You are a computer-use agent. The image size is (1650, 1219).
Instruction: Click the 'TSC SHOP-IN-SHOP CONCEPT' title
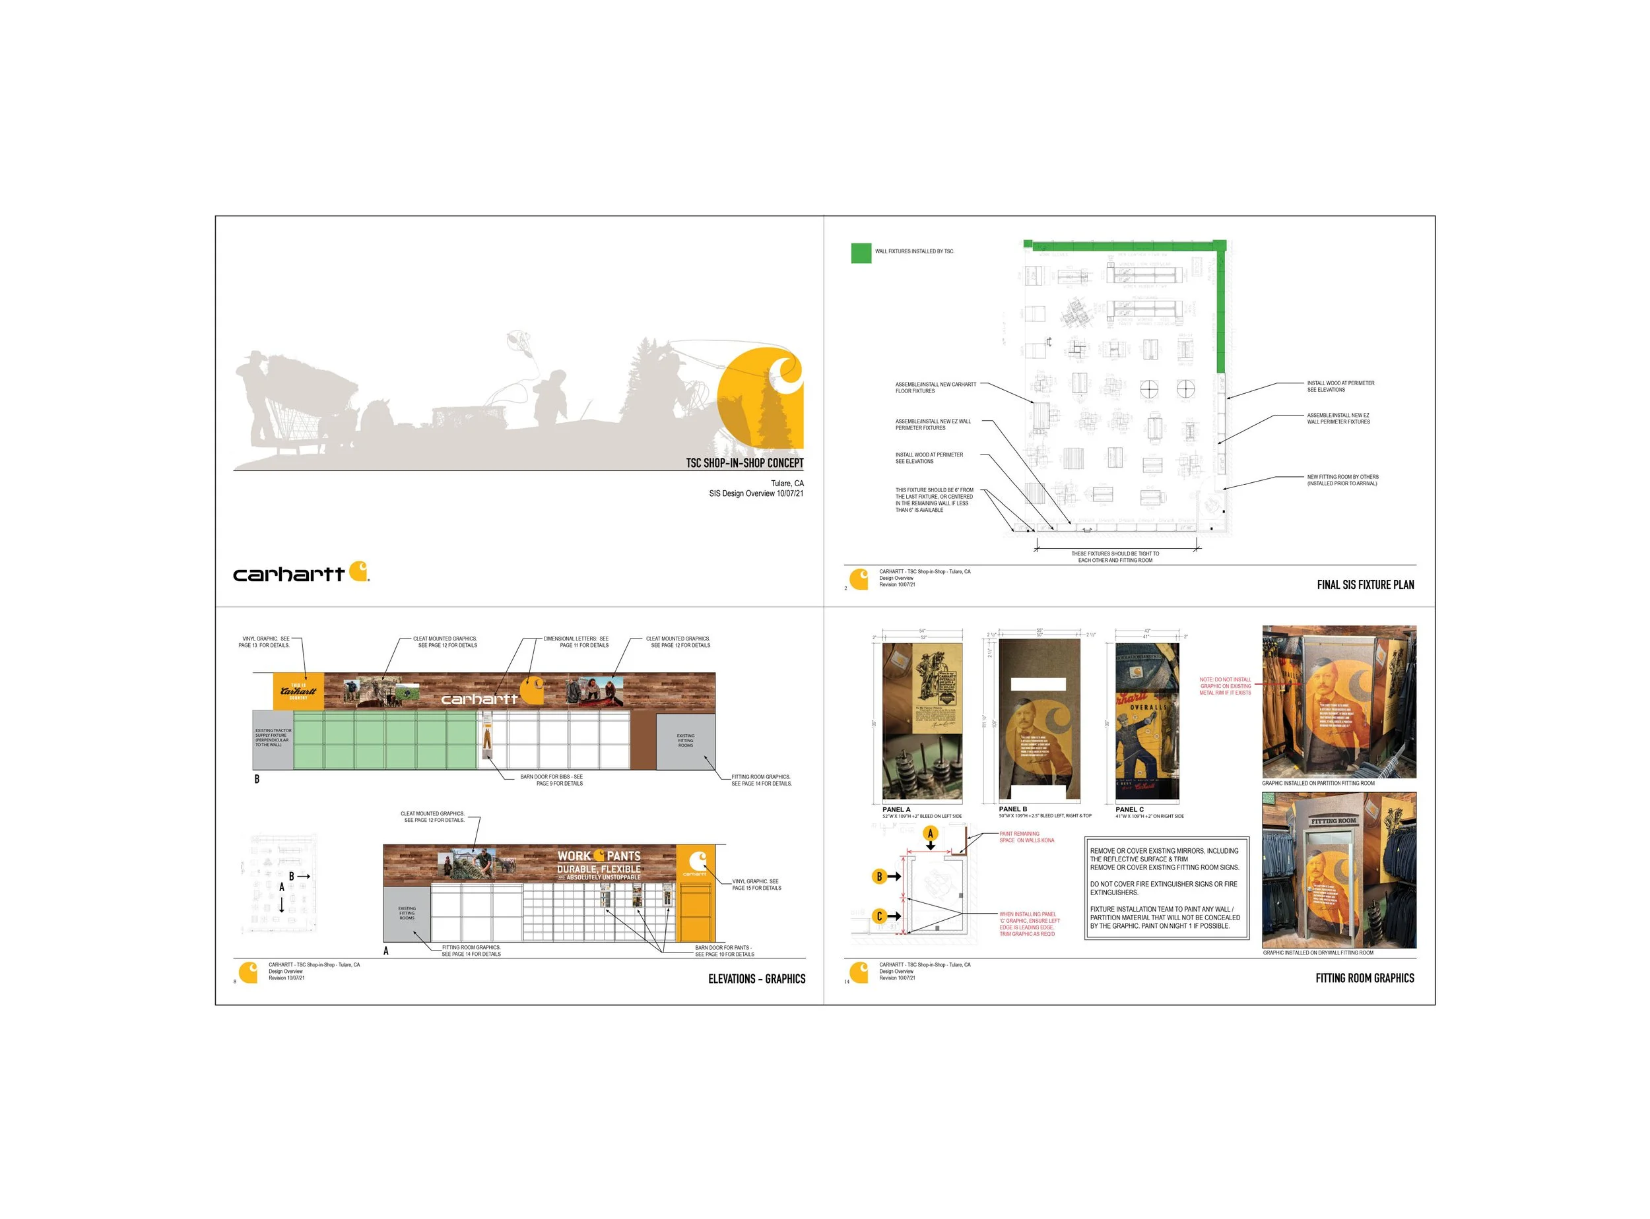tap(744, 462)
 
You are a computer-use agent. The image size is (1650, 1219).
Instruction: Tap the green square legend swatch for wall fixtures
tap(861, 253)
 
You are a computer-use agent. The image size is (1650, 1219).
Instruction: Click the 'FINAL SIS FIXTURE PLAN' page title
tap(1365, 584)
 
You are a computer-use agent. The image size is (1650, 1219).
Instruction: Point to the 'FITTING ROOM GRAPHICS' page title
tap(1364, 978)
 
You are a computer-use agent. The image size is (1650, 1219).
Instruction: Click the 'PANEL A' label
tap(896, 809)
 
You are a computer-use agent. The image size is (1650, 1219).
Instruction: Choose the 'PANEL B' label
tap(1013, 809)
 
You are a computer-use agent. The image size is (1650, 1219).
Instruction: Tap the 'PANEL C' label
tap(1129, 809)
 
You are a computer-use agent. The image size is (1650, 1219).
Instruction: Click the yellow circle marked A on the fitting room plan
tap(930, 834)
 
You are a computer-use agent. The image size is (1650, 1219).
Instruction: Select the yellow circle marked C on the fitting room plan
tap(879, 916)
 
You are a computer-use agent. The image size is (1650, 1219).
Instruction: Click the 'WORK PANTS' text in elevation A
tap(599, 856)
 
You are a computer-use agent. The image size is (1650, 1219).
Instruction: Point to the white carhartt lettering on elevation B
tap(480, 699)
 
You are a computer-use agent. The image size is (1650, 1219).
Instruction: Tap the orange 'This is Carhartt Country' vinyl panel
tap(298, 691)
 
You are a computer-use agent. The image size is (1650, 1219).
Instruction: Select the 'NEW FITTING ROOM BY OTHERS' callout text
tap(1342, 480)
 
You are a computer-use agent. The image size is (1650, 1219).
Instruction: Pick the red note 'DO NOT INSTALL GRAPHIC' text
tap(1226, 686)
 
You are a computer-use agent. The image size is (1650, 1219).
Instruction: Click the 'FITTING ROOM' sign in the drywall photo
tap(1333, 821)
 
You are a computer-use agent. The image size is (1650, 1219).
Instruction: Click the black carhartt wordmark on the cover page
tap(288, 574)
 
